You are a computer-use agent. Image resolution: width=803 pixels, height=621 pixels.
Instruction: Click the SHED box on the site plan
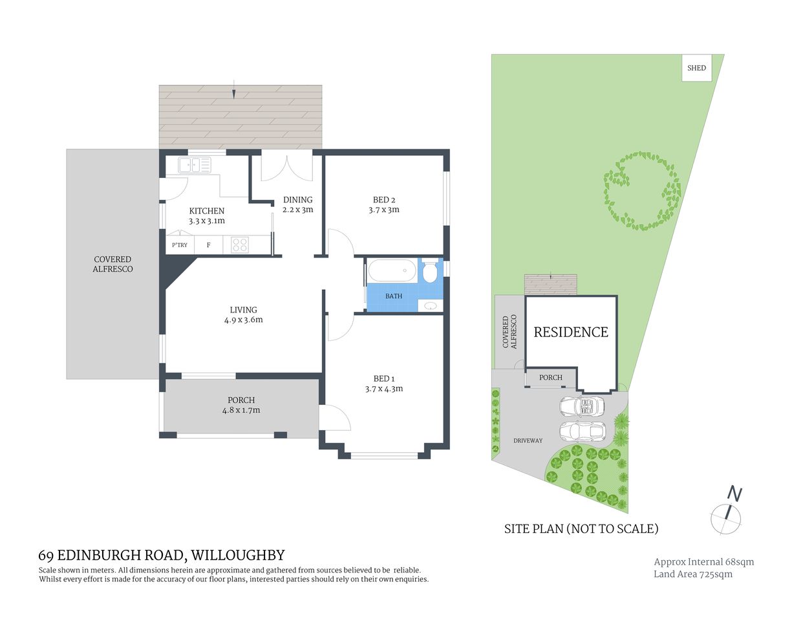tap(696, 68)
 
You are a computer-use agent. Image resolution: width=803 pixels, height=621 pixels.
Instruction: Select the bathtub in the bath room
tap(392, 271)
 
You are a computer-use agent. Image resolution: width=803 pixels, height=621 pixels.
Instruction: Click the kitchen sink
tap(195, 166)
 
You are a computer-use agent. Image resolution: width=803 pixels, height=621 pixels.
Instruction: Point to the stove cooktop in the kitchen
tap(240, 245)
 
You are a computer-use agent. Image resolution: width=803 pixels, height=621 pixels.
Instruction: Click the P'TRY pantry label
tap(179, 245)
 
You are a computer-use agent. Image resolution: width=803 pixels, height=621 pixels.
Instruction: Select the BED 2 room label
tap(384, 200)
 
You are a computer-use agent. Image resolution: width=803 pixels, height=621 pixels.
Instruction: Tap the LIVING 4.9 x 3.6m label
tap(243, 314)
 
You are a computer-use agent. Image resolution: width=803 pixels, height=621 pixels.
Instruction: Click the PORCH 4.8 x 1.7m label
tap(241, 405)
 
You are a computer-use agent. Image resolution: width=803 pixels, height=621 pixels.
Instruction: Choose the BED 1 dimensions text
tap(384, 389)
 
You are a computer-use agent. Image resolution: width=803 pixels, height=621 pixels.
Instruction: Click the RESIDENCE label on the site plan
tap(571, 332)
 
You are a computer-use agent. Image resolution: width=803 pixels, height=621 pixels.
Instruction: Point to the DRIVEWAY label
tap(528, 441)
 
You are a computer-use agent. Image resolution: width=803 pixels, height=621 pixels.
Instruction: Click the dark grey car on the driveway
tap(581, 406)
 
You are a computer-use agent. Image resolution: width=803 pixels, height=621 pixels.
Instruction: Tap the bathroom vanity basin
tap(431, 306)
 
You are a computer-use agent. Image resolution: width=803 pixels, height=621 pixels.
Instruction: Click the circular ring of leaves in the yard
tap(642, 191)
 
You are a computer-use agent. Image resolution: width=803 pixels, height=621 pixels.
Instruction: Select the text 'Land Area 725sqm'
tap(692, 574)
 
